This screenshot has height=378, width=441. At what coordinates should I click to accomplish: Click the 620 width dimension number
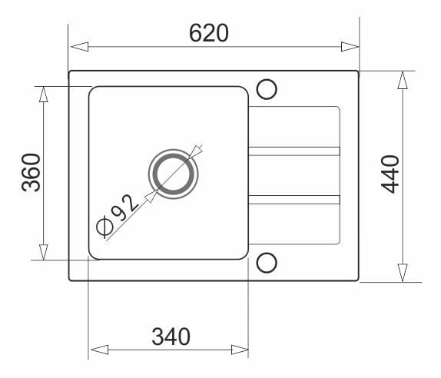tap(209, 33)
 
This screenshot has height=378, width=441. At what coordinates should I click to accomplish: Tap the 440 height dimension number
tap(390, 174)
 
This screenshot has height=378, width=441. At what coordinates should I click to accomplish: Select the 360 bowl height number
tap(31, 172)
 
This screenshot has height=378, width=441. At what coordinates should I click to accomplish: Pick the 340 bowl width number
tap(171, 337)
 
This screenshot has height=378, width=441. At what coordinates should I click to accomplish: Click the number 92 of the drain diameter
tap(125, 207)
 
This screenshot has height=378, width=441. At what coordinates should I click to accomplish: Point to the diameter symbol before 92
tap(104, 227)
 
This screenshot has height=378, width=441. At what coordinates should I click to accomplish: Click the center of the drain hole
tap(174, 174)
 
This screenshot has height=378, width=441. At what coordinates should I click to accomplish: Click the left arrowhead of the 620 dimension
tap(80, 46)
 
